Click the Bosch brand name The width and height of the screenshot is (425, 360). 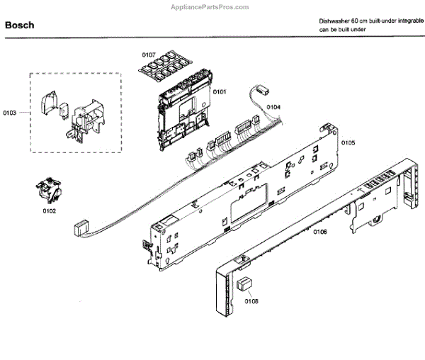(x=19, y=26)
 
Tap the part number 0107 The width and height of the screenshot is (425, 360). (x=148, y=55)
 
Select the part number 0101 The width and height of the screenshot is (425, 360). (x=219, y=91)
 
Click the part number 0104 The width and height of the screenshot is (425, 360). (x=273, y=107)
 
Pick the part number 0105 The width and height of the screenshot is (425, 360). (x=348, y=142)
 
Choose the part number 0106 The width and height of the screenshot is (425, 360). (x=319, y=232)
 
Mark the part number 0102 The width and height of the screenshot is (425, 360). (x=49, y=211)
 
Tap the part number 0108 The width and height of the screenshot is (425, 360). (x=251, y=300)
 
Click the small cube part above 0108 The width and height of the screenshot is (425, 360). (x=245, y=285)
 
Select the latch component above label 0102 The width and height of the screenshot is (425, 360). (x=49, y=191)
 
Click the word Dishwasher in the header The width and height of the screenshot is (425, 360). (x=336, y=23)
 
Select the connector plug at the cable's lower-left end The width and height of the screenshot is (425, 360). (x=80, y=229)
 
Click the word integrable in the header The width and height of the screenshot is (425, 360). (x=409, y=23)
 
